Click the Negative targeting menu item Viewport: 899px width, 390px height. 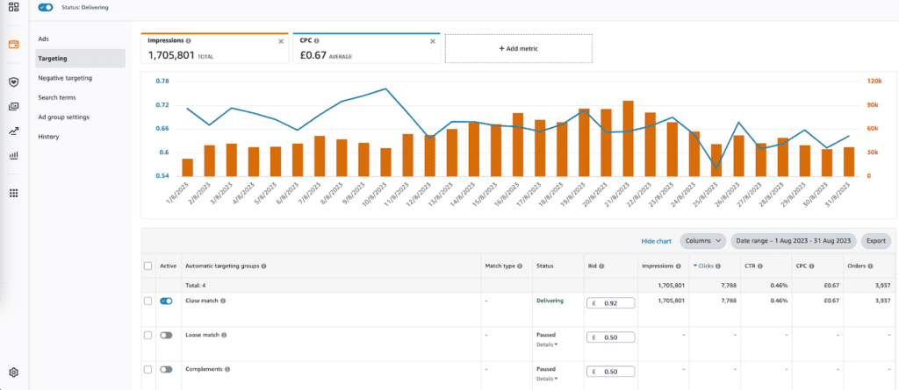[x=65, y=78]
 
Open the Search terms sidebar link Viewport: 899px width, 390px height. [x=58, y=97]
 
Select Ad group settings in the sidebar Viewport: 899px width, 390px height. [x=63, y=117]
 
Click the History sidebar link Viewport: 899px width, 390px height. [x=48, y=137]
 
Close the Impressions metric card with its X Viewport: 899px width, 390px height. [x=281, y=41]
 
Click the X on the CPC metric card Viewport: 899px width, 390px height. [x=433, y=41]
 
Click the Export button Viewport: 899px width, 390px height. [x=875, y=240]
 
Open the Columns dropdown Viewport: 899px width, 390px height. [x=703, y=240]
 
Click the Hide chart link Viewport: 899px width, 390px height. [x=656, y=240]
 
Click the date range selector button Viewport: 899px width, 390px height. [x=793, y=240]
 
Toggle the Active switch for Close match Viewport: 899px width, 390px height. [x=166, y=301]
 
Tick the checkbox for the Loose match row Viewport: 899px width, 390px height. [x=147, y=335]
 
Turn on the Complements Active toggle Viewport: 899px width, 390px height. [x=166, y=369]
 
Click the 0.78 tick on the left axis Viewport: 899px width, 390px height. [x=162, y=82]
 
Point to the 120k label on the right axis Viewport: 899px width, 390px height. [x=874, y=82]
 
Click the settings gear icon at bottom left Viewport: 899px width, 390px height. [x=13, y=372]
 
